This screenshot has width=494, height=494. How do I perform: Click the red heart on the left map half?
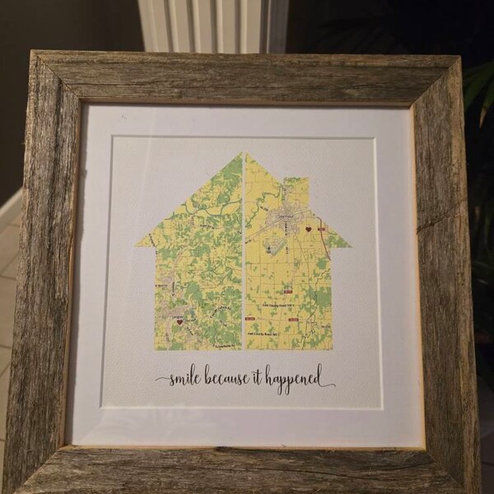pos(179,322)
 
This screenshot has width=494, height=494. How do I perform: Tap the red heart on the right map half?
pos(307,230)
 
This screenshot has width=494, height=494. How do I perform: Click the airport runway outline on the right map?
pos(276,245)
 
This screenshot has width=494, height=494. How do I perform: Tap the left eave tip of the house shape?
pos(138,245)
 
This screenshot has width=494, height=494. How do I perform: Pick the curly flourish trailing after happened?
pos(327,384)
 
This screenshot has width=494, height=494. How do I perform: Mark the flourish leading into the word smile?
pos(161,380)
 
